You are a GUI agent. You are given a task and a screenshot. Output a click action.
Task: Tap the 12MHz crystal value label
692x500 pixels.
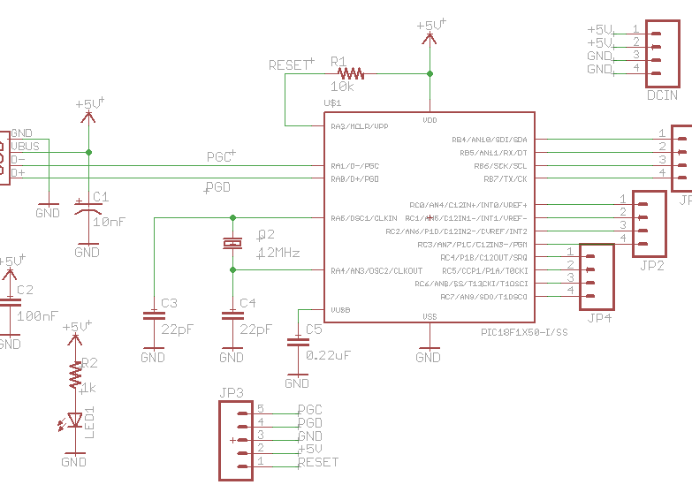278,253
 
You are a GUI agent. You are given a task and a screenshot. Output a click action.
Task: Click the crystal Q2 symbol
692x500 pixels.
232,243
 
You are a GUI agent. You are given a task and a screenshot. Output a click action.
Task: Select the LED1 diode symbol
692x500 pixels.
74,420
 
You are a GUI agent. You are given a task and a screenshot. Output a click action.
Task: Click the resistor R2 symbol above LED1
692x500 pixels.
74,377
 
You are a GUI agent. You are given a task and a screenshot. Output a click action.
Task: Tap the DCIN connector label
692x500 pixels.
662,95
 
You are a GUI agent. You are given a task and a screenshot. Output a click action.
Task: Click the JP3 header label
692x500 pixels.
232,392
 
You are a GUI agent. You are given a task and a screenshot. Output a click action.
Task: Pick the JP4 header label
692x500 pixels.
600,318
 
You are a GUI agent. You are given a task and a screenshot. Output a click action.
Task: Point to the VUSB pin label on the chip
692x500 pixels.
339,310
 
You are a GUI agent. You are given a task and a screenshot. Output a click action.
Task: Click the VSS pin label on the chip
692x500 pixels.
429,316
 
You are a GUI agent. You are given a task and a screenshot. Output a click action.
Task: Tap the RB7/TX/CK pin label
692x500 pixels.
501,179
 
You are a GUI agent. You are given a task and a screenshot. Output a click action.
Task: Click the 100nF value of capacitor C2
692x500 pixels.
38,315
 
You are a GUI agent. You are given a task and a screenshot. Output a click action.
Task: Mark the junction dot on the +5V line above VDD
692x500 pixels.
430,73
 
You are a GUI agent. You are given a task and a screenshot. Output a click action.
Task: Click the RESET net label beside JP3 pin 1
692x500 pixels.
318,462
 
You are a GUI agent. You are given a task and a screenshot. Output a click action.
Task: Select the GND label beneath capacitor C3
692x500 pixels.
153,358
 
